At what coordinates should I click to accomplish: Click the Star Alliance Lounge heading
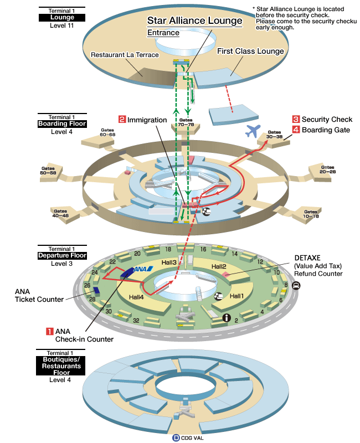(194, 21)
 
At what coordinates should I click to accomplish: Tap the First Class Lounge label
(250, 51)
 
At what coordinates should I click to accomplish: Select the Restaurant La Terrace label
(125, 55)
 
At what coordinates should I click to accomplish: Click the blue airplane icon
(253, 131)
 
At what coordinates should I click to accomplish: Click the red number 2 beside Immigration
(122, 119)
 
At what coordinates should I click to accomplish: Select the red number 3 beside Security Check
(296, 119)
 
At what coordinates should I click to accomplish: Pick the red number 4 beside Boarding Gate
(296, 130)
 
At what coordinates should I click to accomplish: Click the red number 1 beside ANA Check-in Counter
(49, 331)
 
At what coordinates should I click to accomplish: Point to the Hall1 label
(238, 296)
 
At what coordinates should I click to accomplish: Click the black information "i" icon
(226, 317)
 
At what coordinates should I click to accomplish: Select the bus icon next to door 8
(296, 286)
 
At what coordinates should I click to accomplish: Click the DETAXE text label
(308, 258)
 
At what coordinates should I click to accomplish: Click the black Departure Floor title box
(61, 256)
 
